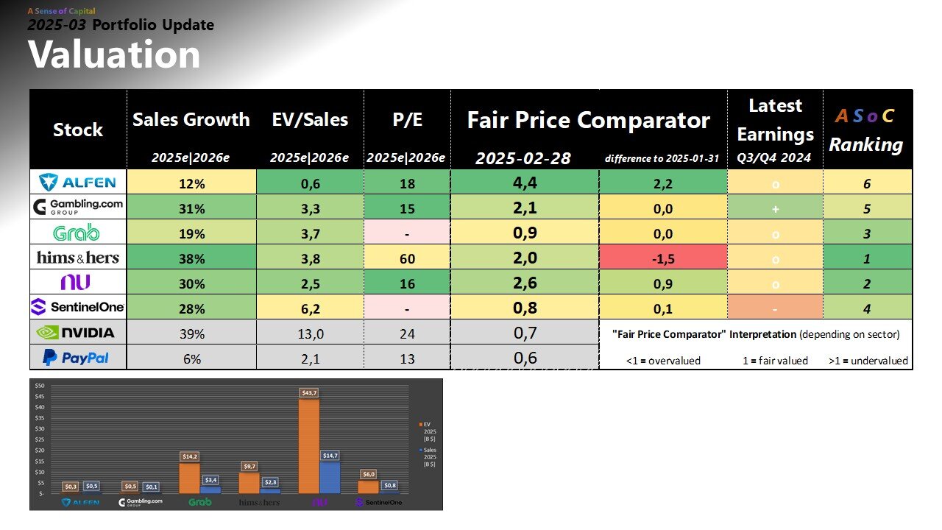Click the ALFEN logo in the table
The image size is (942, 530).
tap(78, 182)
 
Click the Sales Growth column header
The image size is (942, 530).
tap(191, 120)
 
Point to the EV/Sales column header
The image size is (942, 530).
tap(309, 120)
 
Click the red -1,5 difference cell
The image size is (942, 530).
tap(663, 258)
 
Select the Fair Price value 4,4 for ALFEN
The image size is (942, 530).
tap(525, 182)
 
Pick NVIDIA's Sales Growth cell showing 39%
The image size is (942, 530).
tap(191, 333)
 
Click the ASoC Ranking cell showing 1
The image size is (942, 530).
tap(867, 258)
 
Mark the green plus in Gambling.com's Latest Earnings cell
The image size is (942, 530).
tap(775, 208)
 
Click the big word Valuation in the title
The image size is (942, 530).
tap(114, 55)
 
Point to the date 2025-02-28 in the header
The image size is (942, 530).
tap(523, 158)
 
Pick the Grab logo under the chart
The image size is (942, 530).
tap(199, 502)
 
